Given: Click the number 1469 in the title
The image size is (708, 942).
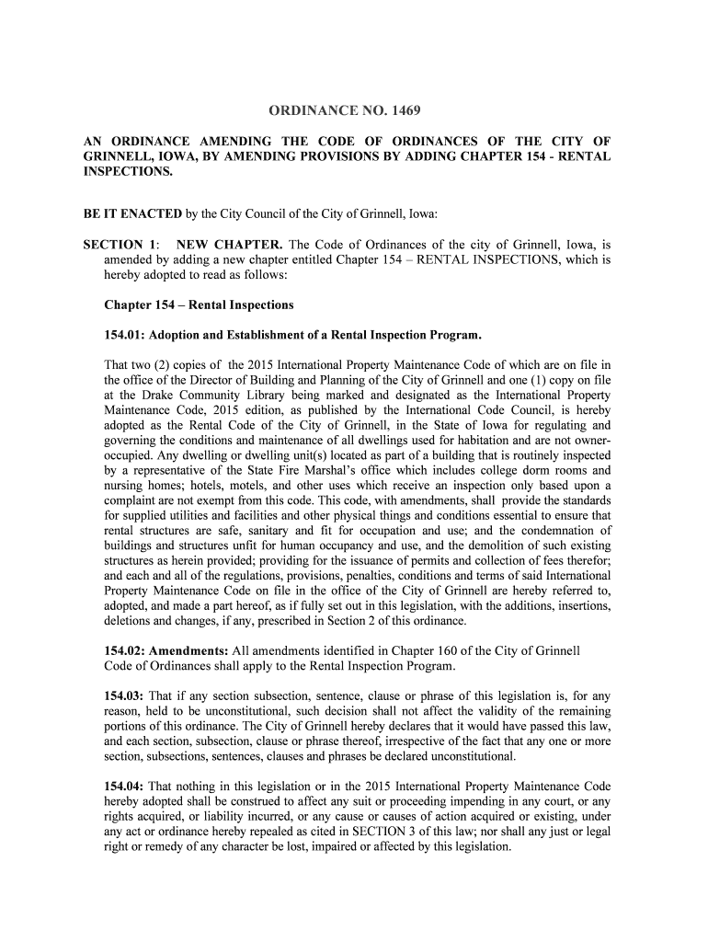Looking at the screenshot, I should coord(405,112).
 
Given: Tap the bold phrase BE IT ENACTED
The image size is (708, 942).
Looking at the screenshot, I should coord(132,214).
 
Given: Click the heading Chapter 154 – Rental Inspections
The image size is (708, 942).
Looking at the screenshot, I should coord(199,304).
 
